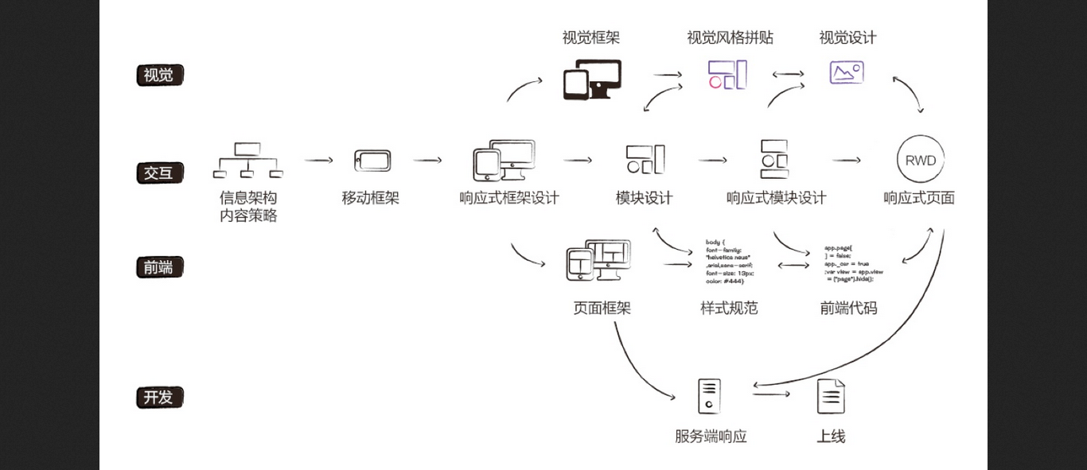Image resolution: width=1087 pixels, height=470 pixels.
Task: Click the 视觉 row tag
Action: point(159,76)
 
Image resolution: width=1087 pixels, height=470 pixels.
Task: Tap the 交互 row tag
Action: point(159,173)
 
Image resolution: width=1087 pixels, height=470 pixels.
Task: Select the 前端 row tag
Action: point(159,267)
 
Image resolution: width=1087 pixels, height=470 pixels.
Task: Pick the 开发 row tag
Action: point(159,397)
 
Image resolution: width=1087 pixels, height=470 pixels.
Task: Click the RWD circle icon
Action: point(919,160)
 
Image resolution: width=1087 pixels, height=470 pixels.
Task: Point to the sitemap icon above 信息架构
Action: point(248,160)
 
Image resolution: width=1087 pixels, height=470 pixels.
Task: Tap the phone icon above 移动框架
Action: point(372,160)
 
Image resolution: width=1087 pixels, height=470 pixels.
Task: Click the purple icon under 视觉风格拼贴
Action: point(727,74)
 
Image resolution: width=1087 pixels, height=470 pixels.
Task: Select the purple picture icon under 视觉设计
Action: point(846,72)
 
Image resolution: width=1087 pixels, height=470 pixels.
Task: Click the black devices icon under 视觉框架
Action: point(592,80)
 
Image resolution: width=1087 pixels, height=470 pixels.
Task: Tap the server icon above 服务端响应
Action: point(709,396)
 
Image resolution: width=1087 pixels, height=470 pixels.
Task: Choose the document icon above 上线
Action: point(831,396)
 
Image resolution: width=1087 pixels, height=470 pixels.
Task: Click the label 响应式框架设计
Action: point(509,198)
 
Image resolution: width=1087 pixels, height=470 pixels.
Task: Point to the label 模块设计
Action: point(644,198)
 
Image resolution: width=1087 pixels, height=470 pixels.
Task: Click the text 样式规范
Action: point(729,308)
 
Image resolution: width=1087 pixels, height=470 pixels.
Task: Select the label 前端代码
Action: point(848,308)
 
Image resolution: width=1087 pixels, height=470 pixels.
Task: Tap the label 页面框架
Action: point(602,308)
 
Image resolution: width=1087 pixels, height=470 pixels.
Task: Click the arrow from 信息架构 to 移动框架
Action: point(318,160)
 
